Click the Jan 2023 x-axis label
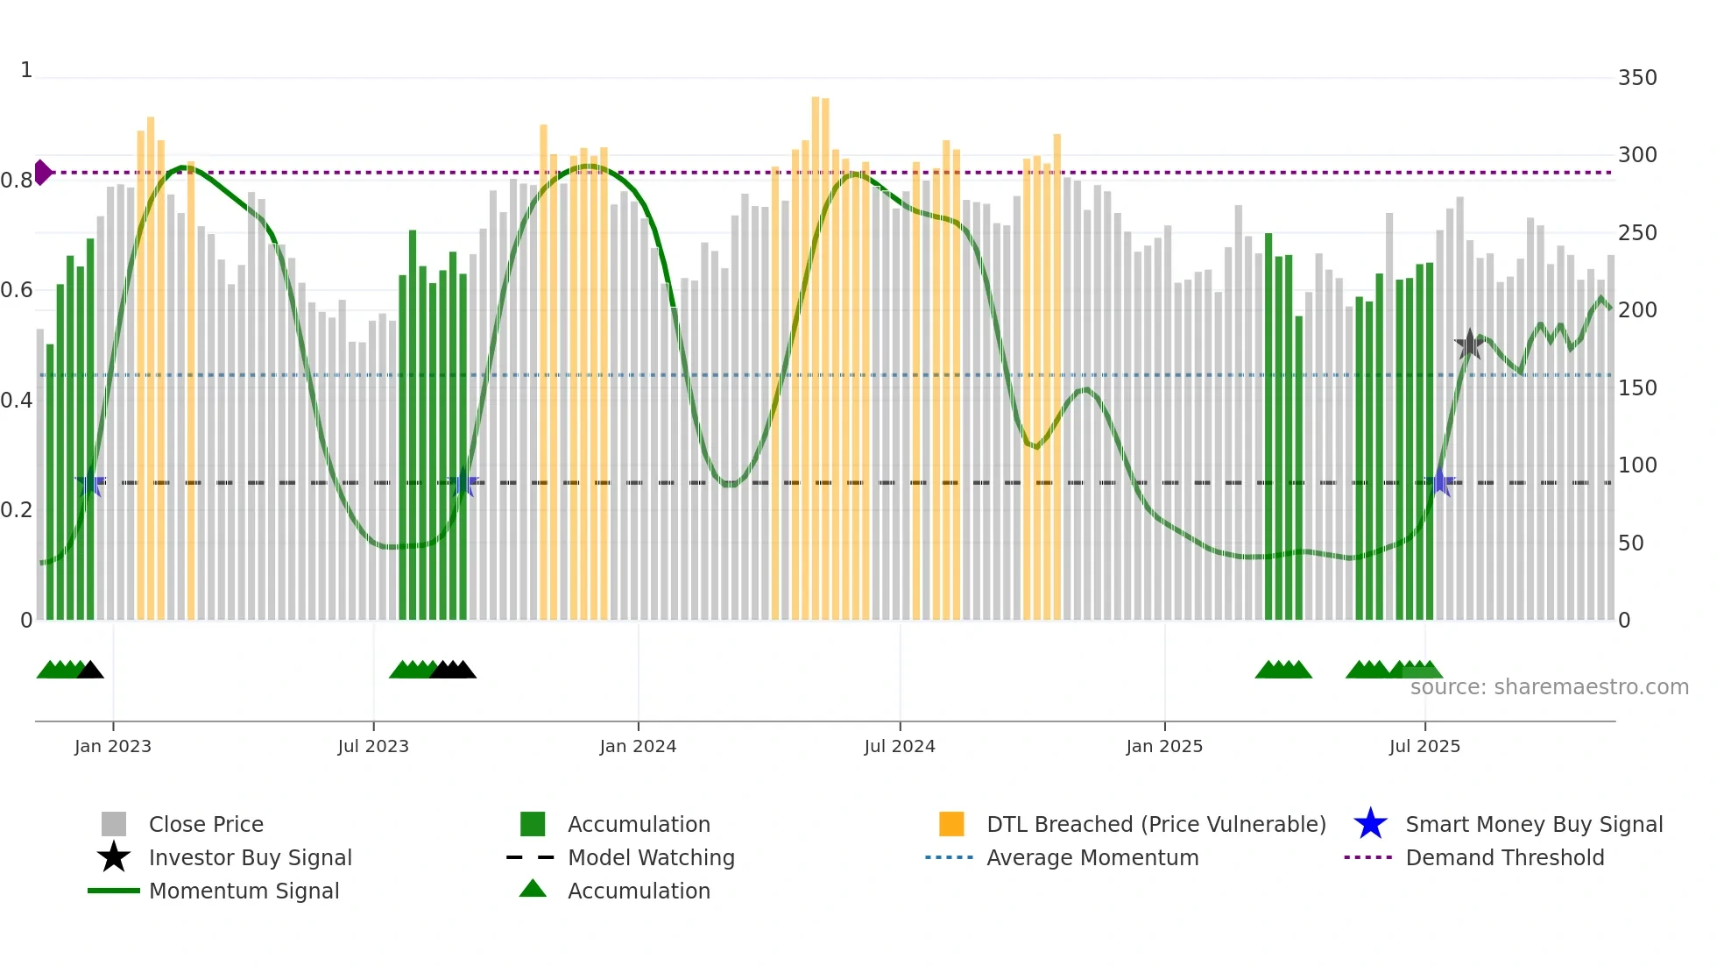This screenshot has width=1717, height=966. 112,746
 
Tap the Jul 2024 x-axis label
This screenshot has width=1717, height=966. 899,746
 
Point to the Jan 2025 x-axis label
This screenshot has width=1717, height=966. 1163,746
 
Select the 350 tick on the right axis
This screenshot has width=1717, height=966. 1636,78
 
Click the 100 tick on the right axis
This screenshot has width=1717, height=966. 1636,465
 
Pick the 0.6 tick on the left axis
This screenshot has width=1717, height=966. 17,290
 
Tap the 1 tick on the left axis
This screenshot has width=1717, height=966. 26,70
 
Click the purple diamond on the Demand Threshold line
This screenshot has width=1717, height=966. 42,173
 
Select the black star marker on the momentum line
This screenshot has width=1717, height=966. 1469,344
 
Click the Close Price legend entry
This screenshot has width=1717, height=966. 206,824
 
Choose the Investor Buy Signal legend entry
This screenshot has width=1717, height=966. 250,857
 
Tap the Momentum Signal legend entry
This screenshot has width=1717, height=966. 244,891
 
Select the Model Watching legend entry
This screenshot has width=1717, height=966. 651,857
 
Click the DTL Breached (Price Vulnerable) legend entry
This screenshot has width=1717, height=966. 1155,824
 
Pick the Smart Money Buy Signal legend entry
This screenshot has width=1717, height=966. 1533,824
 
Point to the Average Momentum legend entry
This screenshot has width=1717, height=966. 1092,857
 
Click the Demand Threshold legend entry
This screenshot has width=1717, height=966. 1504,857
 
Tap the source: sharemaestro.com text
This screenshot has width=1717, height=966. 1549,687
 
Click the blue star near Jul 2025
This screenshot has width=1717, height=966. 1439,482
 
